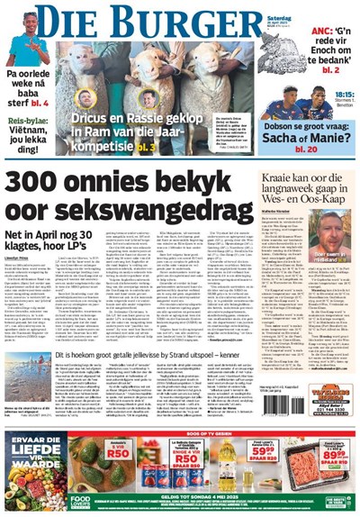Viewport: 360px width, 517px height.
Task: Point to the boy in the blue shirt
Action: click(x=26, y=45)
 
